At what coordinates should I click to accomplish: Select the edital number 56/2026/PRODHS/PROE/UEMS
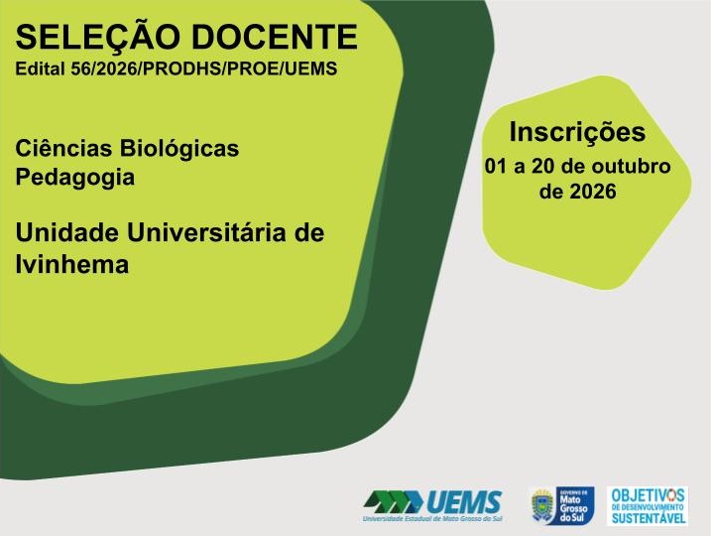pos(204,69)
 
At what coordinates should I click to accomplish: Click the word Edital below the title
pos(41,68)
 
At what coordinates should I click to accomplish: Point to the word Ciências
pos(63,148)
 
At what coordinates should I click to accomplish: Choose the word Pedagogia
pos(75,178)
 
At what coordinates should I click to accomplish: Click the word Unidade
pos(67,232)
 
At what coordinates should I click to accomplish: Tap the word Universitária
pos(206,232)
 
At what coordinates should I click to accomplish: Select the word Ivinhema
pos(72,264)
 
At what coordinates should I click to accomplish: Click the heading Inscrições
pos(577,133)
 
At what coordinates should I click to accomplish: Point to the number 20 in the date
pos(543,166)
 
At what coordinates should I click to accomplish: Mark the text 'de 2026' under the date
pos(578,191)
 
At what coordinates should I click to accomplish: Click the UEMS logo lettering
pos(462,502)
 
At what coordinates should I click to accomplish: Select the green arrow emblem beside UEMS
pos(394,502)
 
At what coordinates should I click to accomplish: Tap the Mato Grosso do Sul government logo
pos(562,505)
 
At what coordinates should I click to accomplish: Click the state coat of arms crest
pos(542,505)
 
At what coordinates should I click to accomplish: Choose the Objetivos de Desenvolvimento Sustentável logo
pos(648,505)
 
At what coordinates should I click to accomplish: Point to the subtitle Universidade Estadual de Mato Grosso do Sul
pos(432,519)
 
